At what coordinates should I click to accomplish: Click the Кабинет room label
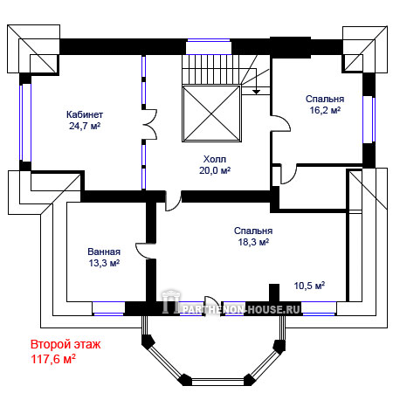85,114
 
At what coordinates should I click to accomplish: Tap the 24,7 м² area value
85,126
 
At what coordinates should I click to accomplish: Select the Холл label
215,159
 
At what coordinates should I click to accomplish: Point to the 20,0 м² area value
215,170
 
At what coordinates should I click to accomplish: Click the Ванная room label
104,252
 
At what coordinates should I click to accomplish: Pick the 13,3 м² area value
104,263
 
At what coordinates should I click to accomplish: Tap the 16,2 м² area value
325,110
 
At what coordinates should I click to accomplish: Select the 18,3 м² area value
253,242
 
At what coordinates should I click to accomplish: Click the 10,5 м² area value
309,286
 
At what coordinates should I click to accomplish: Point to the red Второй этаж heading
65,344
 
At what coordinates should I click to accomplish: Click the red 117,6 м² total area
53,359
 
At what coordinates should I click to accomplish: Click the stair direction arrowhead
256,92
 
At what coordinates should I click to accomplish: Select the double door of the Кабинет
150,124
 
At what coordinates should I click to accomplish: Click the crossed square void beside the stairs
211,114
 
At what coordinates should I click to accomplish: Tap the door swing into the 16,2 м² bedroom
281,124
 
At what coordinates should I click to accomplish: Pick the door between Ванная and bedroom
146,251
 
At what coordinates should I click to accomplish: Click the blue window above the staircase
209,46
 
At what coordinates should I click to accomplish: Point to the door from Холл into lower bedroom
173,201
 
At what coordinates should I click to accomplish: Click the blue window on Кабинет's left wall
25,122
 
